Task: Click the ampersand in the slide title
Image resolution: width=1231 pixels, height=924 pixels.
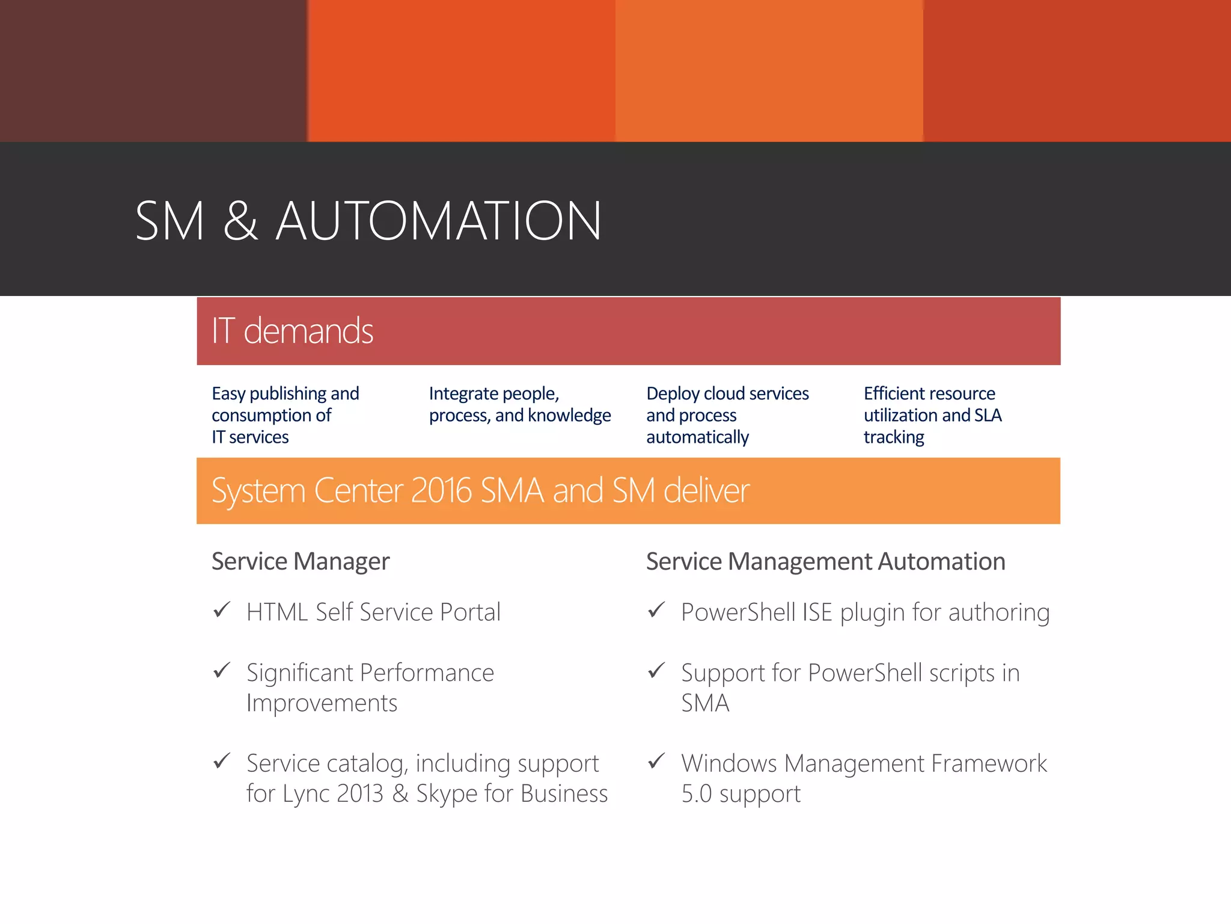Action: [240, 221]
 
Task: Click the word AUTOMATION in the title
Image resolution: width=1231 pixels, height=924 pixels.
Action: [439, 221]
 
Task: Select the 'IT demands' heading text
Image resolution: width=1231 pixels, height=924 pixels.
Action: [293, 331]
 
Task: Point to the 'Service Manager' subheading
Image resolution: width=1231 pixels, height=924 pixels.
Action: [301, 561]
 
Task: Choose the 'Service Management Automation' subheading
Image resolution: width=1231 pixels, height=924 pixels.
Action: [825, 561]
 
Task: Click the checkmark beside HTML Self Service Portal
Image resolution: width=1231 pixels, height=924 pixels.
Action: [222, 610]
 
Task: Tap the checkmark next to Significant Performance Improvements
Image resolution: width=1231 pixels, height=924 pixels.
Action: [222, 670]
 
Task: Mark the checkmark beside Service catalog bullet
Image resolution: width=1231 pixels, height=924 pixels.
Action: [222, 761]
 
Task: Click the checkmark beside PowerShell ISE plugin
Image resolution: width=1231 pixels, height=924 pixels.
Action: [656, 610]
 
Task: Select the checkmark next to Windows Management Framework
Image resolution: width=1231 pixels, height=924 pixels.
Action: [656, 761]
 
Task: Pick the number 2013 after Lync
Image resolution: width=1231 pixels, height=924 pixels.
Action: [359, 793]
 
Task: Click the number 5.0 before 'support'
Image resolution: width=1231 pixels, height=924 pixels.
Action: [696, 793]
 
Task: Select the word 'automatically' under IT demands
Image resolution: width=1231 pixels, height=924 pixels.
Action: [697, 437]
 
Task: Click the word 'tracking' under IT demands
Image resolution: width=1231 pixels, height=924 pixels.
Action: [894, 437]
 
